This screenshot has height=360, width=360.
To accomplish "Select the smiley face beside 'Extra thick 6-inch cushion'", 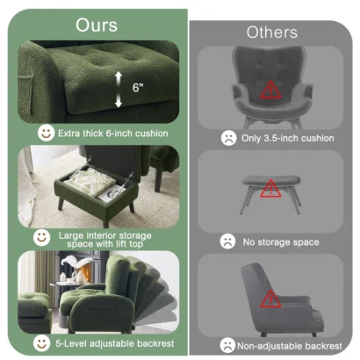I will click(x=46, y=133).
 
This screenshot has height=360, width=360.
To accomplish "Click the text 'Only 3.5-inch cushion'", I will click(x=287, y=138).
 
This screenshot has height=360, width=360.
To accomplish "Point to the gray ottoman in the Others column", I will click(x=270, y=189).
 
